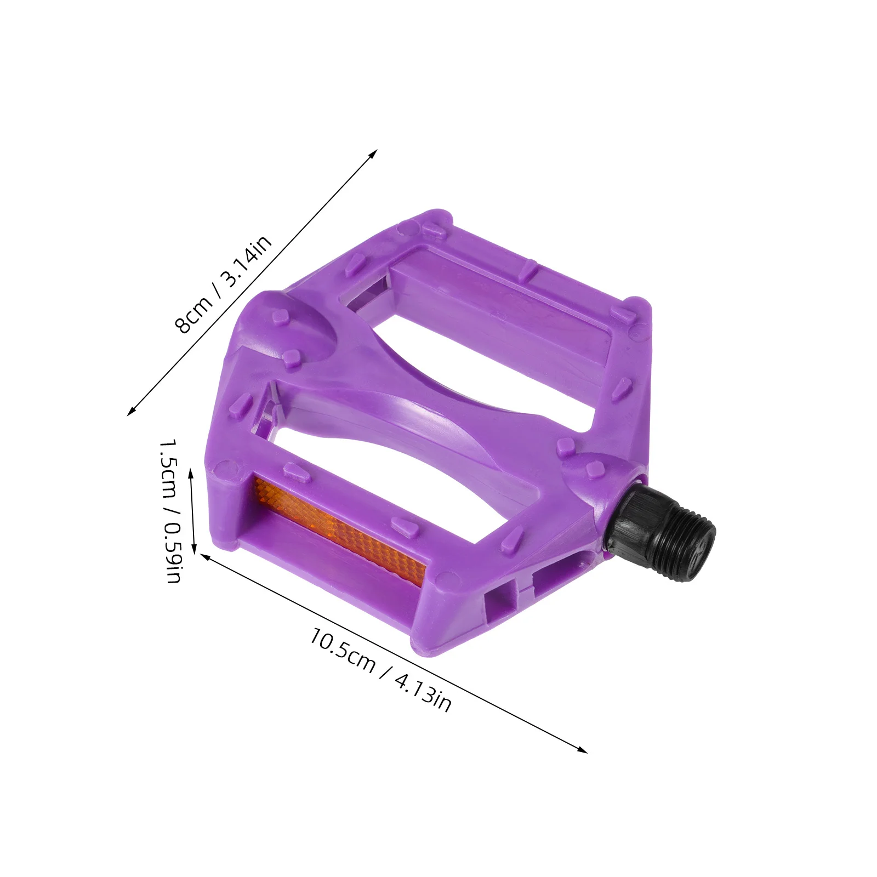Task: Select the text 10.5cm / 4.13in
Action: point(380,670)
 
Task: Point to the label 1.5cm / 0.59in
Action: point(170,510)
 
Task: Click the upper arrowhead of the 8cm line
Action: point(374,152)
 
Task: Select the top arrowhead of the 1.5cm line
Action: point(191,472)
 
